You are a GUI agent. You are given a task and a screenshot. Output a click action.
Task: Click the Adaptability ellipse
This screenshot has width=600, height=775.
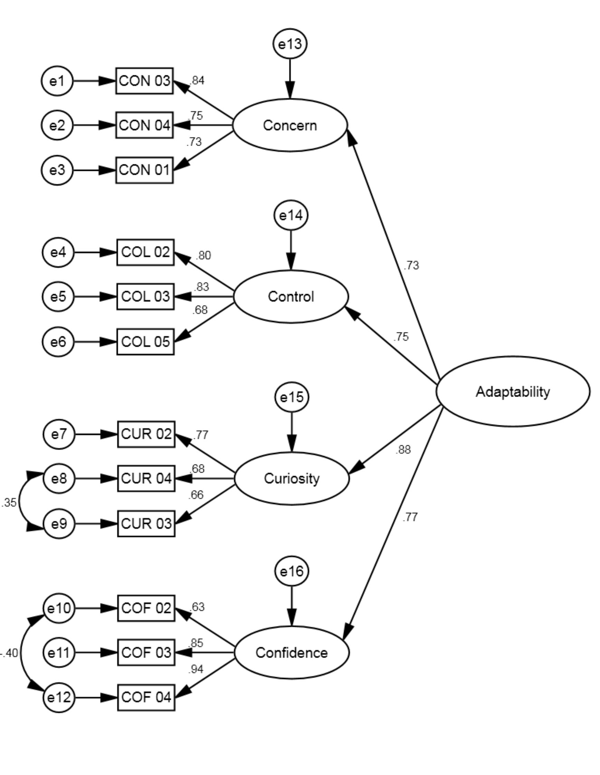tap(513, 391)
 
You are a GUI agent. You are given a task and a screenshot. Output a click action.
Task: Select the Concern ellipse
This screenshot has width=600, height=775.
tap(290, 125)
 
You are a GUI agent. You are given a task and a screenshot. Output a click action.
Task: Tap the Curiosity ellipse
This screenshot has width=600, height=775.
tap(292, 478)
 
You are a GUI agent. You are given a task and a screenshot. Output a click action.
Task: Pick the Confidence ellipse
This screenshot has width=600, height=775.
tap(292, 652)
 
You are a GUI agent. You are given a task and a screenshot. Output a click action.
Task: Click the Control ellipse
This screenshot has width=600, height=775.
tap(291, 297)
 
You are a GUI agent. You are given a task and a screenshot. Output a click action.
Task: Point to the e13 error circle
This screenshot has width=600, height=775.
tap(290, 44)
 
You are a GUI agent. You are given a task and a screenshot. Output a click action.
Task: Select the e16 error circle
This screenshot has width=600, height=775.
tap(292, 571)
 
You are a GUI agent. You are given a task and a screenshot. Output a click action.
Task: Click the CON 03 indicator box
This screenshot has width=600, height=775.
tap(144, 81)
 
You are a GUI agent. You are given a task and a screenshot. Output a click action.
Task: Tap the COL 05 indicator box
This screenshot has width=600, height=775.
tap(145, 342)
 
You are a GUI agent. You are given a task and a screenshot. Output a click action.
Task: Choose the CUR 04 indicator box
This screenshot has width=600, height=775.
tap(146, 478)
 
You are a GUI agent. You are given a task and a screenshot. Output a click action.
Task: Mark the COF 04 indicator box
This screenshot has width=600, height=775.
tap(146, 697)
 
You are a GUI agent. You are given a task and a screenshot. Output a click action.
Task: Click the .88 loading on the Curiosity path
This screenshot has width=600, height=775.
tap(403, 450)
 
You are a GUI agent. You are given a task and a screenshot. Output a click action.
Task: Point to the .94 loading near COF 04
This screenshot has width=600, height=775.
tap(196, 669)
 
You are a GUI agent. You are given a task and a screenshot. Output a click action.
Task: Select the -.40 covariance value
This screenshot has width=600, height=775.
tap(10, 653)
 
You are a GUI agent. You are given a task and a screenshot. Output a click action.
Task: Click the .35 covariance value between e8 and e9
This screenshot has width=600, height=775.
tap(9, 503)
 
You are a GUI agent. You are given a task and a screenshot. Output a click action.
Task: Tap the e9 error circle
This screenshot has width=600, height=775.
tap(59, 523)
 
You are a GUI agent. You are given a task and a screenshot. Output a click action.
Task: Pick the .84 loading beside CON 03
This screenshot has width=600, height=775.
tap(197, 81)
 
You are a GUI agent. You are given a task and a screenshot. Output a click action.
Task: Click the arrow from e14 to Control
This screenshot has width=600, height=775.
tap(291, 250)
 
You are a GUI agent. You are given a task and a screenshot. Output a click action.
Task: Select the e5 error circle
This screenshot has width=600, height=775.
tap(58, 296)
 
